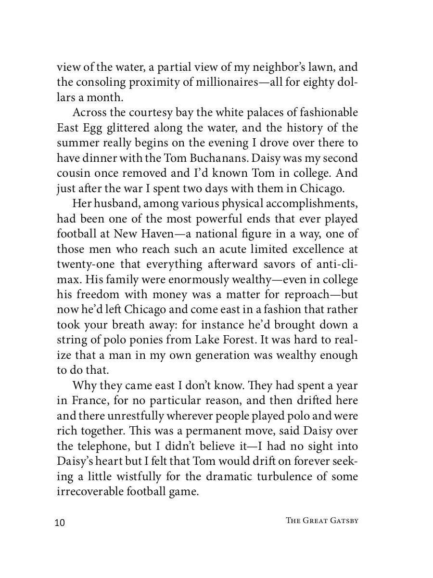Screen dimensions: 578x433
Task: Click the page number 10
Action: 60,523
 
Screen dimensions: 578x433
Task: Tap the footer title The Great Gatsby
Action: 322,521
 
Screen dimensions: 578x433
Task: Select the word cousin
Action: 72,174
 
